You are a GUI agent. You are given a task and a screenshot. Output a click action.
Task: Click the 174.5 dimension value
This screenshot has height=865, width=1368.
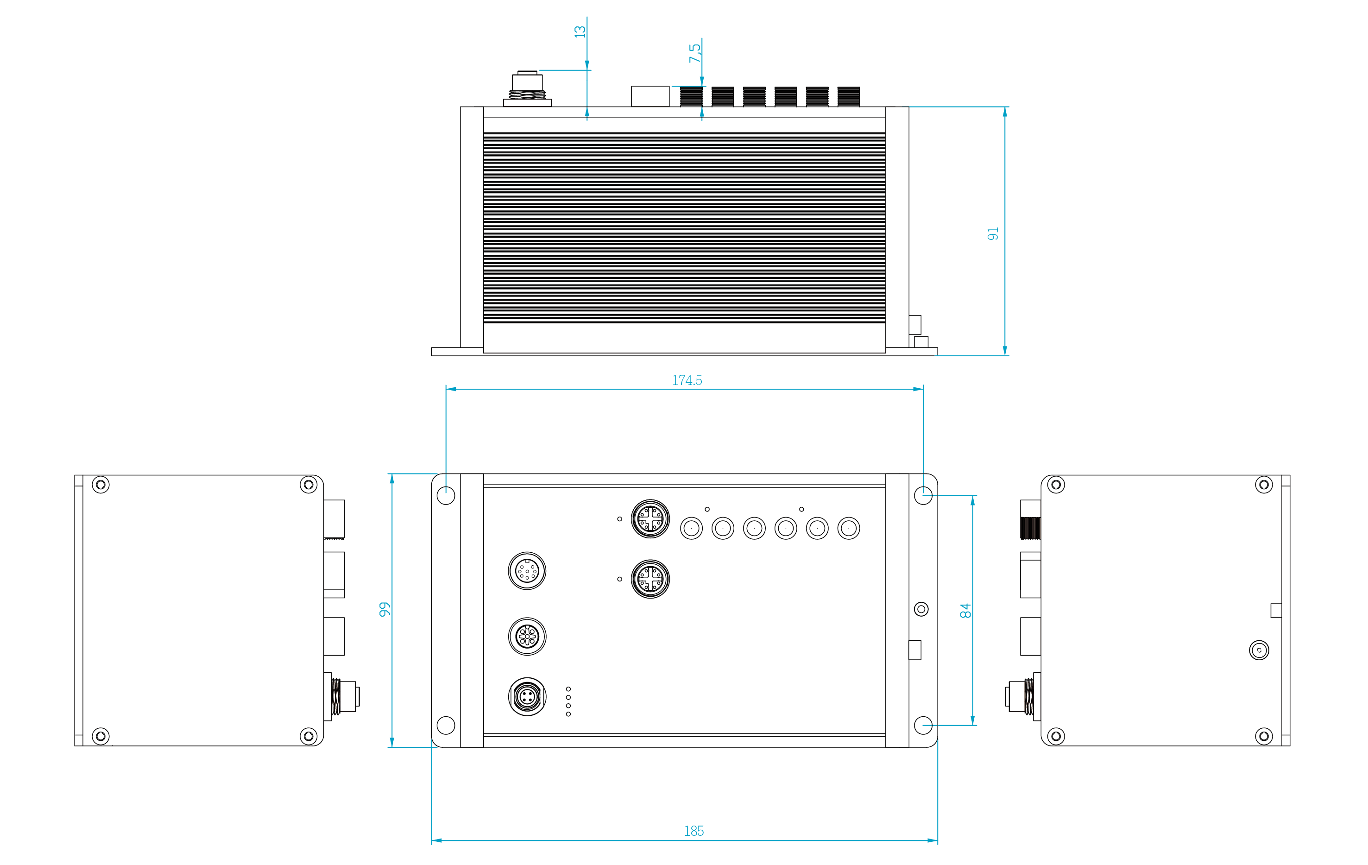687,380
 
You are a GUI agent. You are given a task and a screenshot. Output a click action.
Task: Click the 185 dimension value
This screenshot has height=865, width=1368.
693,831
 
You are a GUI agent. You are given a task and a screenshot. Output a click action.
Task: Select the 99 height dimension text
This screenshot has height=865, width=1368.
385,609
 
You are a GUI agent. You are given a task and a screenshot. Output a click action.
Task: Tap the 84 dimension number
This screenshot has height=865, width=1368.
965,611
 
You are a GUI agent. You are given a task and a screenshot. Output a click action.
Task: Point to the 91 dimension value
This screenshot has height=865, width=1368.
992,234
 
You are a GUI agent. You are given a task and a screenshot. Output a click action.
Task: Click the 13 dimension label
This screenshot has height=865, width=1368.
580,31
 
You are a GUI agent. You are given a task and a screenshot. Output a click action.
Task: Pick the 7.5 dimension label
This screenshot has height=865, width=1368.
695,53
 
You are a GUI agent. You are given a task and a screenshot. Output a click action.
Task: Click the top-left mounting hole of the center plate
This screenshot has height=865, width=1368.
446,495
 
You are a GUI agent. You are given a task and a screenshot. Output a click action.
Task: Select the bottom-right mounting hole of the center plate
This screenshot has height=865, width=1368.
923,725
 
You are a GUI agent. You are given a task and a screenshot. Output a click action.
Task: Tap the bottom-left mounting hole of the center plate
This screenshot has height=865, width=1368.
446,725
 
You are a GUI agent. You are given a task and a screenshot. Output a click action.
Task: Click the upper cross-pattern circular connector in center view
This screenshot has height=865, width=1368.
650,519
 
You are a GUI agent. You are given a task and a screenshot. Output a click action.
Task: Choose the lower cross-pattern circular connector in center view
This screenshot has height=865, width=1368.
650,579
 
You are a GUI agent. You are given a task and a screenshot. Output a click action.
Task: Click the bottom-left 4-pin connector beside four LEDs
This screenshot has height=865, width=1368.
527,697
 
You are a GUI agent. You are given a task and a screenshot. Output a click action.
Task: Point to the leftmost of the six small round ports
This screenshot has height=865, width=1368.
691,529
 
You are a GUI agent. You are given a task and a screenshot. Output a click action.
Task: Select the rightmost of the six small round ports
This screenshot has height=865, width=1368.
849,529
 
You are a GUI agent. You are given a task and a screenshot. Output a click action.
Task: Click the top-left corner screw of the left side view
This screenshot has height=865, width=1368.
101,485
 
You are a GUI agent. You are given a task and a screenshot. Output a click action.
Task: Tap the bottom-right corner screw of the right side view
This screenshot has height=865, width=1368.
1264,737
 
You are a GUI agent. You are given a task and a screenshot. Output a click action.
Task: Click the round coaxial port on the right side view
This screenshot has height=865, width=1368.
1260,650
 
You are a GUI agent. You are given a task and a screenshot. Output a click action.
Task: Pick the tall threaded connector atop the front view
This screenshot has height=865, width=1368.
527,88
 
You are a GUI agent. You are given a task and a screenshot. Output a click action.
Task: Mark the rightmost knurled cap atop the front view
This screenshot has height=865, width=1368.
849,96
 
